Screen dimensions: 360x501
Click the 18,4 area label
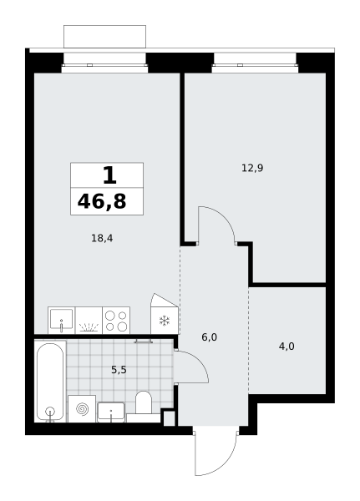click(102, 238)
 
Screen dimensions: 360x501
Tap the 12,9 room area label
click(252, 168)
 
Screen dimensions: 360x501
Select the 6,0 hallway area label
click(210, 337)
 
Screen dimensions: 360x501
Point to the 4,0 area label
click(286, 347)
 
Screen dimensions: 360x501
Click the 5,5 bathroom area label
click(119, 370)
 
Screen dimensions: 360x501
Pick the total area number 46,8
click(102, 201)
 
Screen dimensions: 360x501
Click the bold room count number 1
click(109, 175)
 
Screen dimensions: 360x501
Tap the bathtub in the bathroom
click(50, 382)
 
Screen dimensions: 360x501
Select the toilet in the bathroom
click(143, 403)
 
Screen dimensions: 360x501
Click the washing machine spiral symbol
click(82, 409)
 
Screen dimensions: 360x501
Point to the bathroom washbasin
click(111, 412)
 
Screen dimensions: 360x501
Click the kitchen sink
click(61, 320)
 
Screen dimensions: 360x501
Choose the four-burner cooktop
click(116, 321)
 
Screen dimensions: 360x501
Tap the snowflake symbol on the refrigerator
click(165, 321)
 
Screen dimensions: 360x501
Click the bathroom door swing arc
click(198, 360)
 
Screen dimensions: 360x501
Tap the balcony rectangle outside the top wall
click(105, 37)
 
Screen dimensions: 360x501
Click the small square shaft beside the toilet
click(169, 418)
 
